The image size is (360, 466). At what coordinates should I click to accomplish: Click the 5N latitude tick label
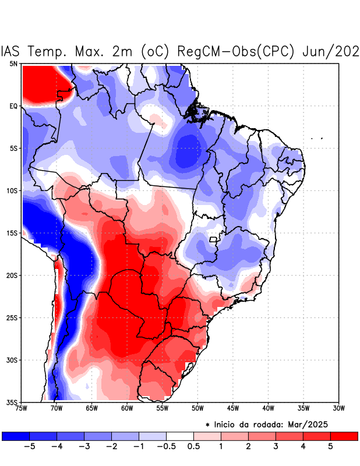pyautogui.click(x=13, y=63)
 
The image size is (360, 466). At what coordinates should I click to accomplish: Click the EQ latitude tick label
pyautogui.click(x=13, y=106)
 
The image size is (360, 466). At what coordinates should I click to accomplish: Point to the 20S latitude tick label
pyautogui.click(x=12, y=275)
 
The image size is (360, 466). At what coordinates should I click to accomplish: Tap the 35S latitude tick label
pyautogui.click(x=12, y=402)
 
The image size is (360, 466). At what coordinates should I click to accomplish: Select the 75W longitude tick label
pyautogui.click(x=22, y=408)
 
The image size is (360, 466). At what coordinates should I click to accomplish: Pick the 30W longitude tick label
pyautogui.click(x=339, y=408)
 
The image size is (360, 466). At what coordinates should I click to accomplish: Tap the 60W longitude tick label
pyautogui.click(x=126, y=408)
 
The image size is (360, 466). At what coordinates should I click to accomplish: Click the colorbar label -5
pyautogui.click(x=30, y=446)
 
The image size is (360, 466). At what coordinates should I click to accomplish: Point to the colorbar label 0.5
pyautogui.click(x=193, y=446)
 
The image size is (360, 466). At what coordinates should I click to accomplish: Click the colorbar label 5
pyautogui.click(x=330, y=446)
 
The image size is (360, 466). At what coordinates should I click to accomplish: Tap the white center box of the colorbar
pyautogui.click(x=180, y=436)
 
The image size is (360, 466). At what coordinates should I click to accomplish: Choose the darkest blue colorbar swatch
pyautogui.click(x=16, y=436)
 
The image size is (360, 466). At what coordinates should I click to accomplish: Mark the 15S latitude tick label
pyautogui.click(x=12, y=233)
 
